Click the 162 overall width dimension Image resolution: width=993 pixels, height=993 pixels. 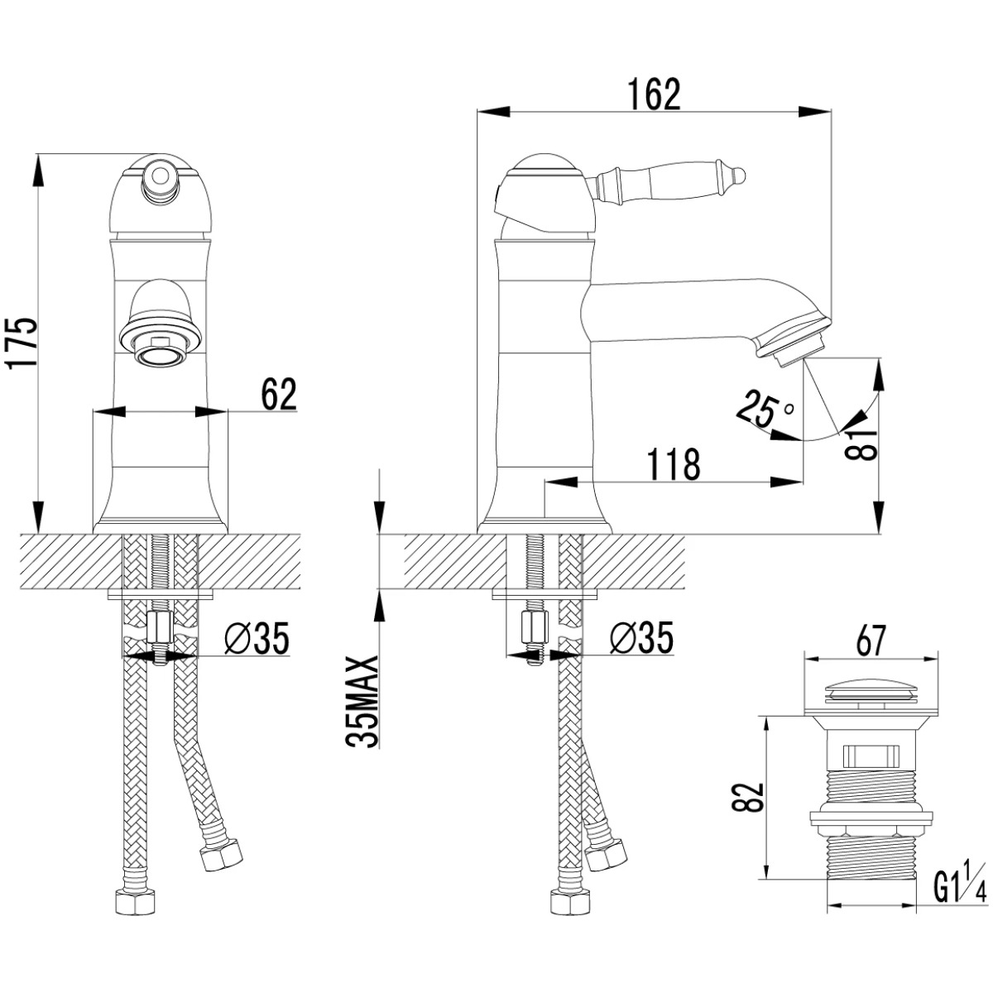click(x=654, y=95)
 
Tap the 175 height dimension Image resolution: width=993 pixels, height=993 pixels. click(x=22, y=343)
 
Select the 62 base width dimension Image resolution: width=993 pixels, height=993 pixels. click(x=279, y=394)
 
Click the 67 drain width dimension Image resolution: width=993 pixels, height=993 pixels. click(x=870, y=641)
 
